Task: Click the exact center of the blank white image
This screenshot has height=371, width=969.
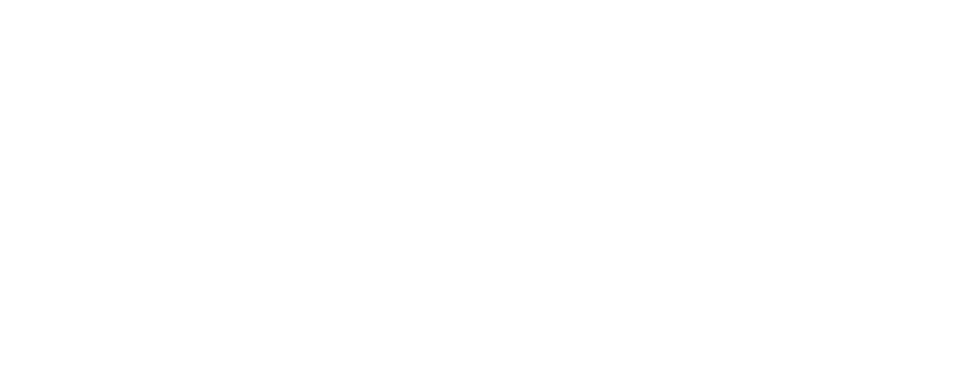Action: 484,185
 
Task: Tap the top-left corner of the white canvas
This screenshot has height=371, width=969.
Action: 0,0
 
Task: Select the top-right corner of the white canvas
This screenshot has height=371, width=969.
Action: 968,0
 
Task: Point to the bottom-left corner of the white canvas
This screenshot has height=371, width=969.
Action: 0,370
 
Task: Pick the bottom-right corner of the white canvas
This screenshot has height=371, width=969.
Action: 968,370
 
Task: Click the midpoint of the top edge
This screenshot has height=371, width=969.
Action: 484,0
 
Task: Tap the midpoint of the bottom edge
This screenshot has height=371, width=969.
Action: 484,370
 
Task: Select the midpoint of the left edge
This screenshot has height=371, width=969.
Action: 0,185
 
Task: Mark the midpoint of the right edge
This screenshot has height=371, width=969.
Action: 968,185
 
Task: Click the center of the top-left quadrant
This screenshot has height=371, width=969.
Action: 242,93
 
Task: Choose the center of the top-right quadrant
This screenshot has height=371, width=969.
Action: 726,93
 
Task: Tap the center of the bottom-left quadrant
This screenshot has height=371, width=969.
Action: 242,278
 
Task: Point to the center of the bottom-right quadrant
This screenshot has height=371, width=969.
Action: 726,278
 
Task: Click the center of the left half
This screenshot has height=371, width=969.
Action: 242,185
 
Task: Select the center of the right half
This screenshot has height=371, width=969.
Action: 726,185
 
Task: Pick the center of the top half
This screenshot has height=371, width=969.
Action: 484,93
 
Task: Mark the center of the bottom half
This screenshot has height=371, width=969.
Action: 484,278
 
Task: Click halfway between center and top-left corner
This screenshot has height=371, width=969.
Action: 242,93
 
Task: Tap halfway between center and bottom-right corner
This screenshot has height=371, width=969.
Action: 726,278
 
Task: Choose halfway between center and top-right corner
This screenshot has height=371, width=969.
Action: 726,93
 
